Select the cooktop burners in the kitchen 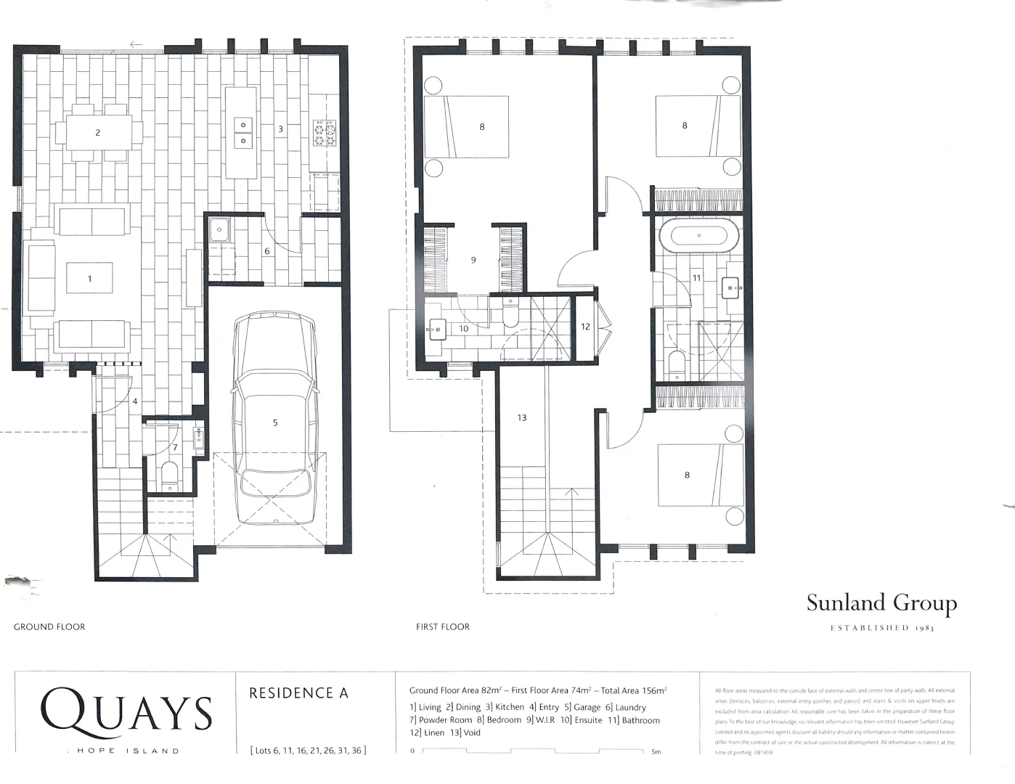(325, 133)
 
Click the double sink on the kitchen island (242, 133)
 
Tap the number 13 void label (521, 417)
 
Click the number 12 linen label (585, 327)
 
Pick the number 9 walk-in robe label (473, 259)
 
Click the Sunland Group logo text (881, 603)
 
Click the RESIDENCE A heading (298, 693)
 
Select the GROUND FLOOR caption (49, 626)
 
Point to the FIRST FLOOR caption (442, 626)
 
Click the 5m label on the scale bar (656, 752)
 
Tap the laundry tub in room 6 (219, 231)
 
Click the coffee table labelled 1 (89, 278)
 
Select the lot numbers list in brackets (308, 751)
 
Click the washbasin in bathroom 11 (731, 288)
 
